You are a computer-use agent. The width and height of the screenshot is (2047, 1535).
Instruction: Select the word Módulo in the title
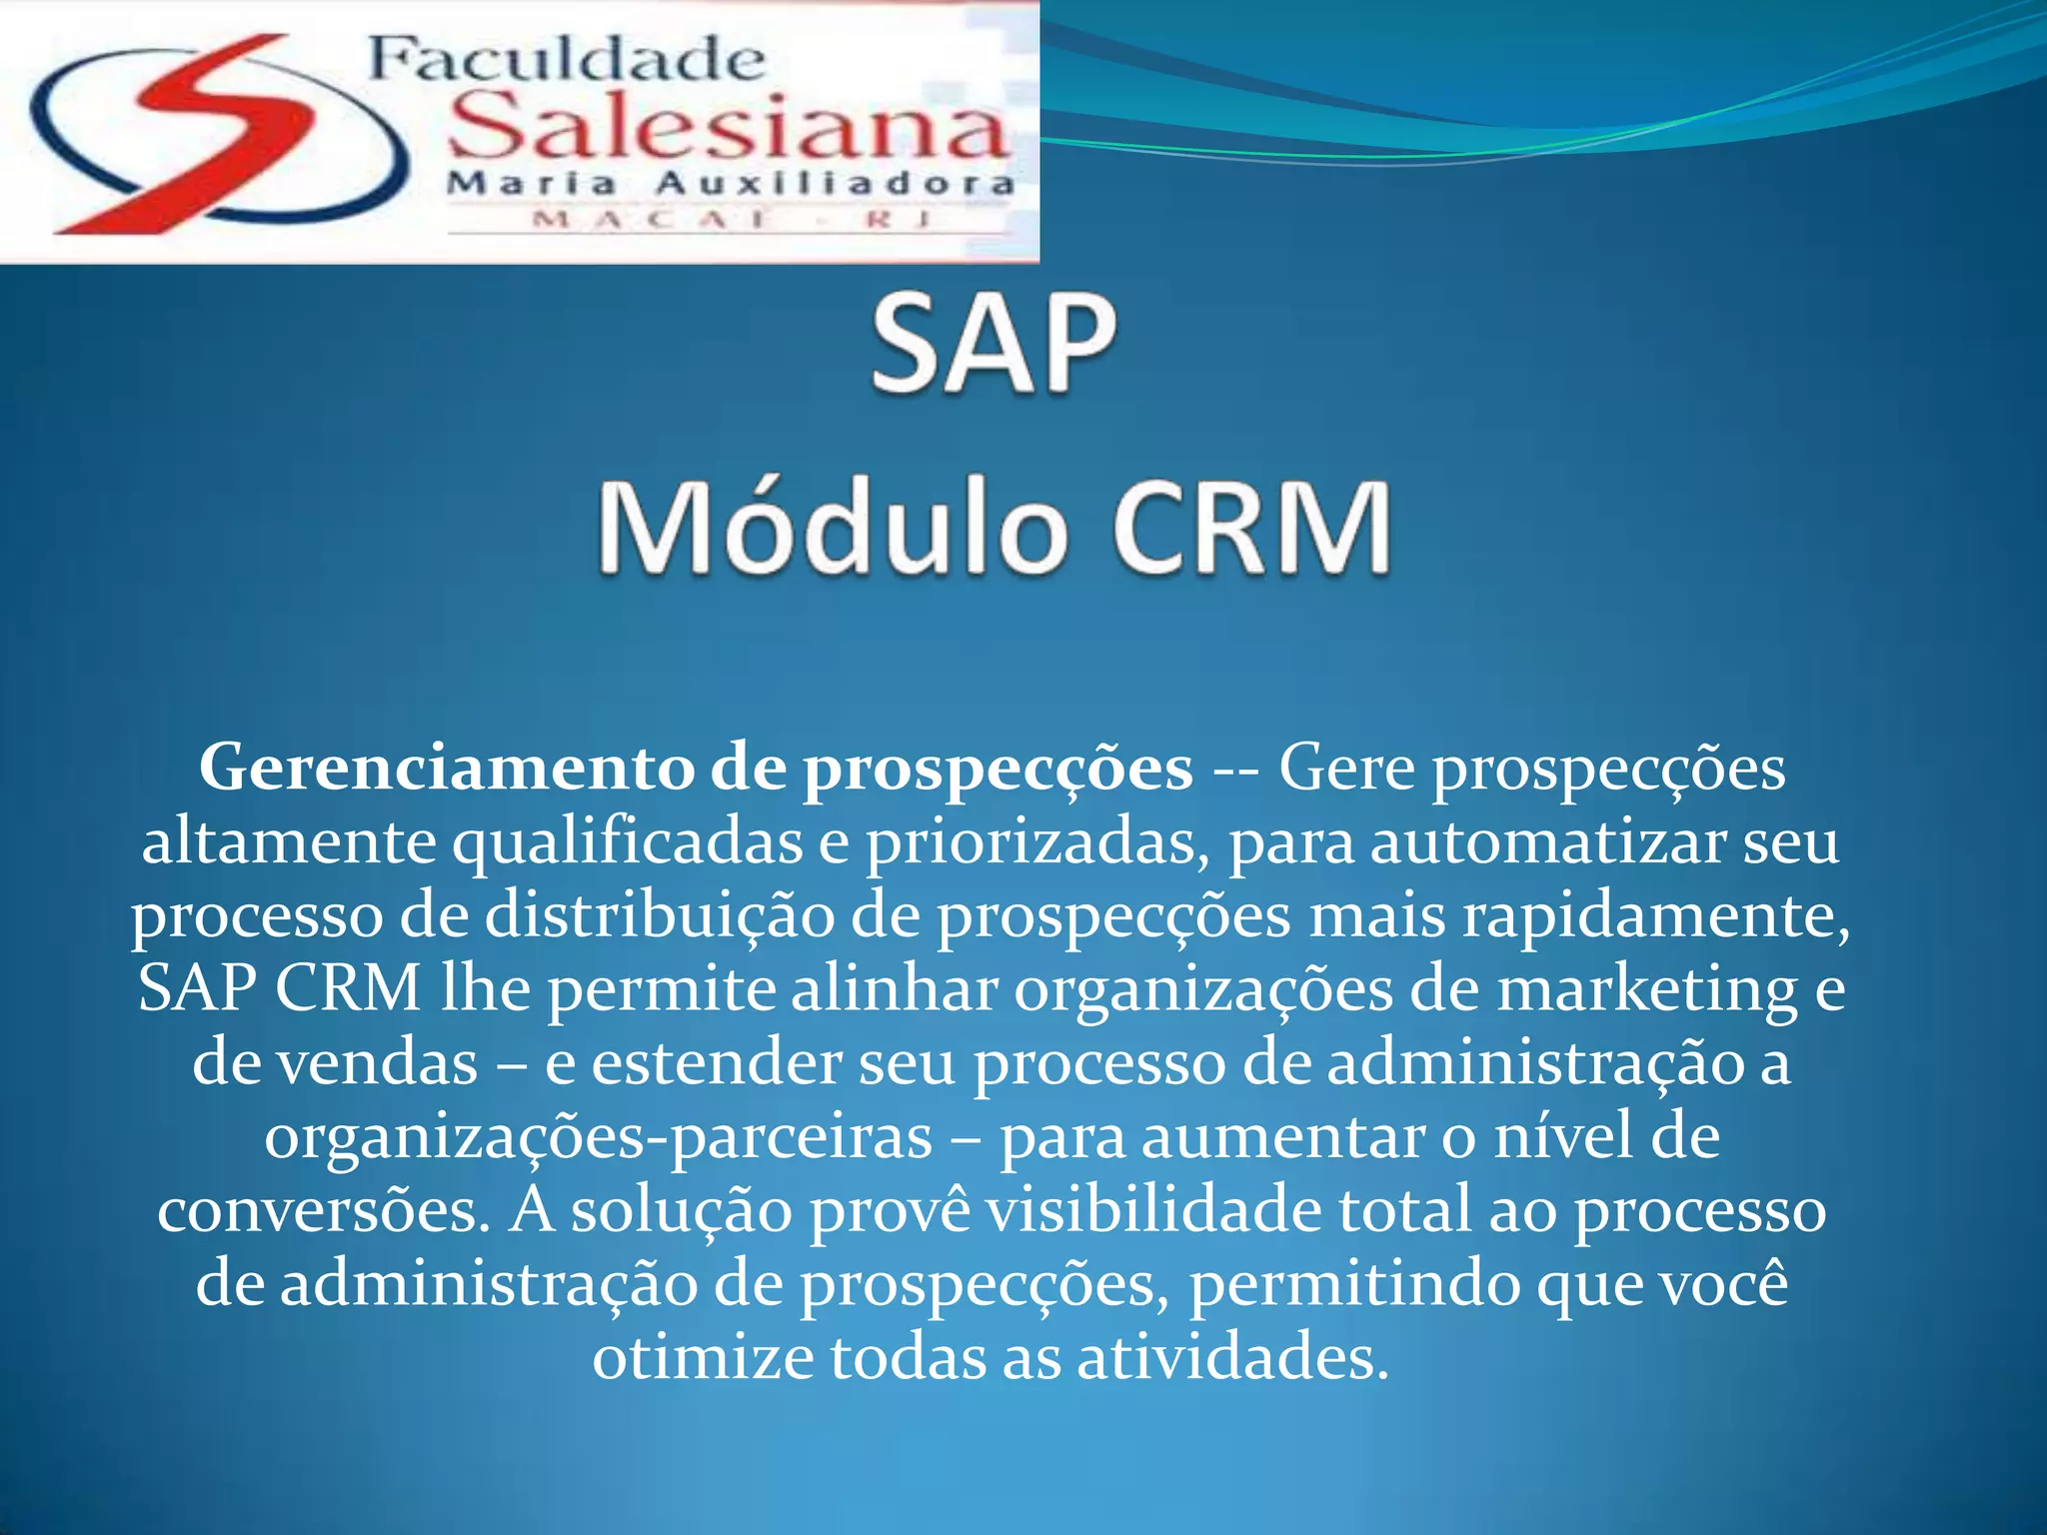pyautogui.click(x=830, y=527)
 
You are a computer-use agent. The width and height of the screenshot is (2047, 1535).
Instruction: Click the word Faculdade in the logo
pyautogui.click(x=566, y=60)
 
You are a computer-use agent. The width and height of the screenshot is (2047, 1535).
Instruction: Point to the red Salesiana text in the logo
pyautogui.click(x=728, y=128)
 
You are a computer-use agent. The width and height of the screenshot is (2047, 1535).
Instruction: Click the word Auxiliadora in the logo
pyautogui.click(x=835, y=184)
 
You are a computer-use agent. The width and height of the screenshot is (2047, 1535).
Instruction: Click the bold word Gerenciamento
pyautogui.click(x=447, y=768)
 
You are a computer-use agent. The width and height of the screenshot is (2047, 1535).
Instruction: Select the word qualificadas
pyautogui.click(x=628, y=842)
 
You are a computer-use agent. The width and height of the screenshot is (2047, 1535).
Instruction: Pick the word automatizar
pyautogui.click(x=1547, y=842)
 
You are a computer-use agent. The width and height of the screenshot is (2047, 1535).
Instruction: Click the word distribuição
pyautogui.click(x=660, y=915)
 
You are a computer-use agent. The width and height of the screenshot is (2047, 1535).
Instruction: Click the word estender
pyautogui.click(x=717, y=1062)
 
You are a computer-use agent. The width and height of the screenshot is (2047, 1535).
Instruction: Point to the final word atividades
pyautogui.click(x=1232, y=1358)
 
